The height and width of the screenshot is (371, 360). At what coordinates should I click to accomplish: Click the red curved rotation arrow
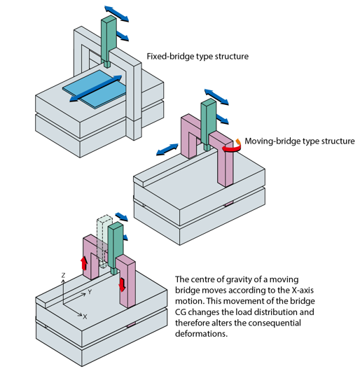point(233,149)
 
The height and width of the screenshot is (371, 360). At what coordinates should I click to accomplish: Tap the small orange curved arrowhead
point(238,141)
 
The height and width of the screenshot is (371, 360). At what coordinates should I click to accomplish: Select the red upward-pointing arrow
point(84,263)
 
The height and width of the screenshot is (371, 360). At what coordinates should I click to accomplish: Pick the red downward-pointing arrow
point(122,285)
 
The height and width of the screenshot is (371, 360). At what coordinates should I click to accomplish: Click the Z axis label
point(63,275)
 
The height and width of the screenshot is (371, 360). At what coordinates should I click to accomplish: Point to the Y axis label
point(90,292)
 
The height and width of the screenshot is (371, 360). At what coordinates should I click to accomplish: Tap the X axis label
point(85,316)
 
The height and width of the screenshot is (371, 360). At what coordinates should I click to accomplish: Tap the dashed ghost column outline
point(103,241)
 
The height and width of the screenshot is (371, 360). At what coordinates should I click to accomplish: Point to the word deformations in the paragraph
point(201,334)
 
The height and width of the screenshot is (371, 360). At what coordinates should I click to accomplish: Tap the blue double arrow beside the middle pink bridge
point(167,150)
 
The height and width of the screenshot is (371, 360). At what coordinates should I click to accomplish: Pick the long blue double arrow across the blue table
point(96,89)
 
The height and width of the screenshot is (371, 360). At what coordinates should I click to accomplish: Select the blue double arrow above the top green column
point(117,14)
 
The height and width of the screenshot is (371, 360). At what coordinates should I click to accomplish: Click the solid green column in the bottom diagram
point(116,248)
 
